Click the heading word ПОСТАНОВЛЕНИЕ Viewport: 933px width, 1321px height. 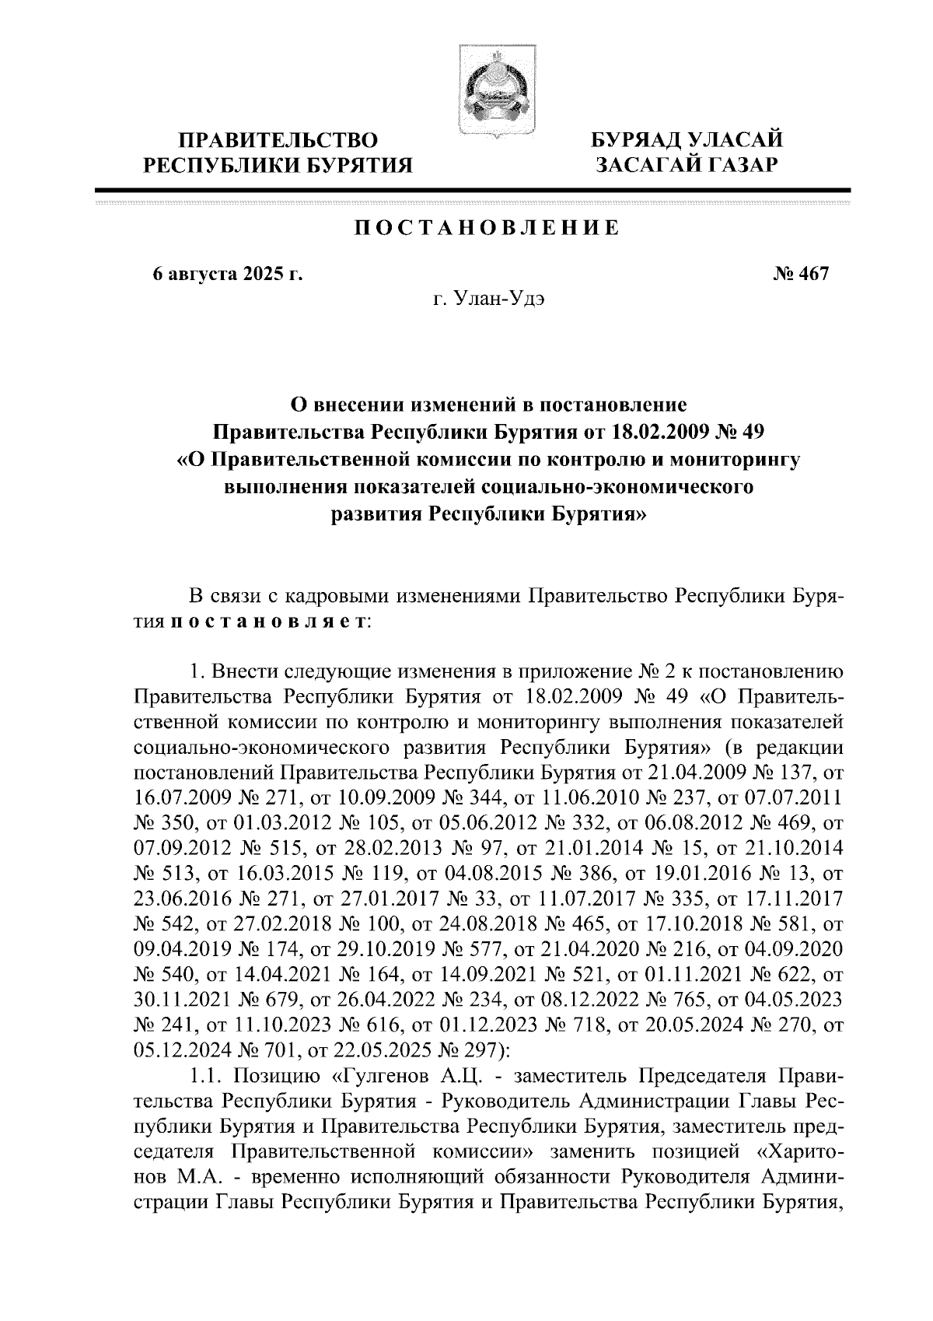(x=487, y=228)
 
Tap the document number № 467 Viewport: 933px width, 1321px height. (x=801, y=275)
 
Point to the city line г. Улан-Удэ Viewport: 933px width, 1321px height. (x=488, y=300)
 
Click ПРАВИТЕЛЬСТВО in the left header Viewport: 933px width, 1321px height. (x=279, y=140)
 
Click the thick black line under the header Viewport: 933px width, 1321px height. (x=472, y=189)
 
